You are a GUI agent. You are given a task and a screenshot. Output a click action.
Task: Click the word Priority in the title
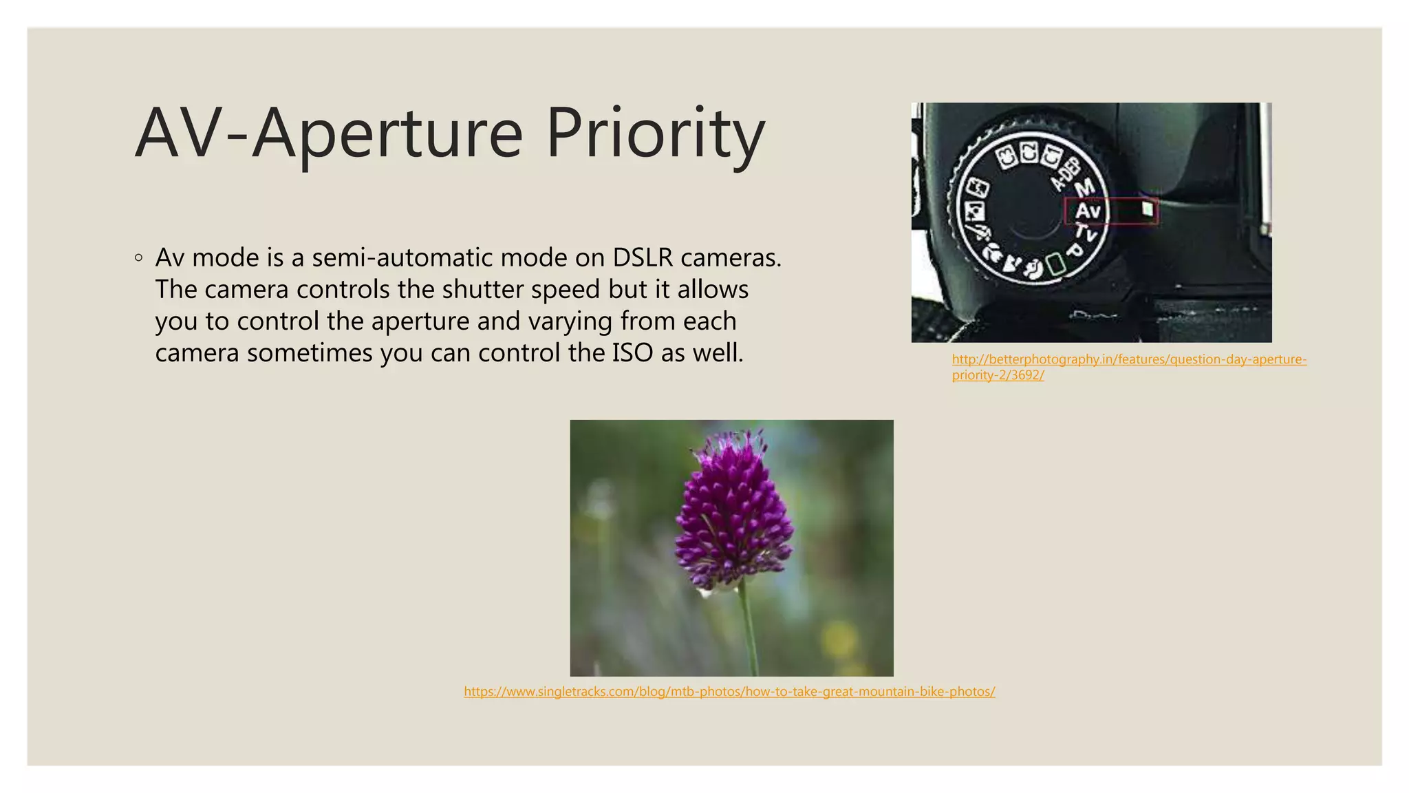[x=655, y=133]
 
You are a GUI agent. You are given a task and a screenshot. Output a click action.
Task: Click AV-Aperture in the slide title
[x=329, y=133]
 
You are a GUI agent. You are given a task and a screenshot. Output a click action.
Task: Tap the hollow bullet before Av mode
[x=139, y=258]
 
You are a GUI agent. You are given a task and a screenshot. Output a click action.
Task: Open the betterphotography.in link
[x=1128, y=359]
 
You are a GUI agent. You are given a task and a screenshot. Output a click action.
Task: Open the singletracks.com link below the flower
[x=729, y=691]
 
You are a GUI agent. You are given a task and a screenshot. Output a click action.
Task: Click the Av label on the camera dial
[x=1088, y=210]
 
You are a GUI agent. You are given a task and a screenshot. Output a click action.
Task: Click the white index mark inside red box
[x=1147, y=209]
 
